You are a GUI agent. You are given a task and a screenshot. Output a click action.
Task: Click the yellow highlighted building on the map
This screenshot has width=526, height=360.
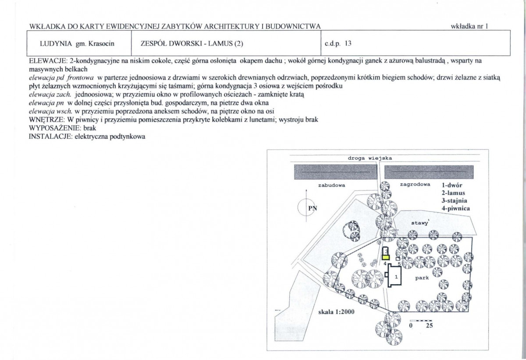point(386,257)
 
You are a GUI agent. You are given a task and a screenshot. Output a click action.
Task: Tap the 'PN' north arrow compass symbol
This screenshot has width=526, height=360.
point(306,207)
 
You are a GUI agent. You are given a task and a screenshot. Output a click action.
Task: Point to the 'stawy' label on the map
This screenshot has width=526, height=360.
point(419,223)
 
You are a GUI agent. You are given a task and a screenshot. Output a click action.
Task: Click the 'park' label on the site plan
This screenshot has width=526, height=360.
point(422,278)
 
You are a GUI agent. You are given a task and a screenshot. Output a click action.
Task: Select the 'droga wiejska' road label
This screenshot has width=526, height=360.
point(370,158)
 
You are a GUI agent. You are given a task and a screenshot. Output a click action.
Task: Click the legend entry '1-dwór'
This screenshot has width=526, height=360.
point(452,185)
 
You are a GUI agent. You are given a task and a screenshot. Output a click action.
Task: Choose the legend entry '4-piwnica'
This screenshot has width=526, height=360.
point(455,208)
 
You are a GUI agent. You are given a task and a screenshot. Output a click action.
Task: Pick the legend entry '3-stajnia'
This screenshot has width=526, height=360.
point(454,201)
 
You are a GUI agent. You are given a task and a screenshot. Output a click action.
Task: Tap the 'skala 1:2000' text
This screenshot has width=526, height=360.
point(336,312)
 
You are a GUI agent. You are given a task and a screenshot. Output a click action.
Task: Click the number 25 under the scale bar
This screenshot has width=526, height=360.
point(429,325)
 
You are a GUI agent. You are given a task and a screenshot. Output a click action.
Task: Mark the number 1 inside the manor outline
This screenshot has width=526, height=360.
point(396,277)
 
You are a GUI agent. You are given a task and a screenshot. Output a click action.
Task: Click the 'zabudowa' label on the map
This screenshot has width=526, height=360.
point(331,185)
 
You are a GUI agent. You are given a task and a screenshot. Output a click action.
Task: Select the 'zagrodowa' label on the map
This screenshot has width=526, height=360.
point(415,184)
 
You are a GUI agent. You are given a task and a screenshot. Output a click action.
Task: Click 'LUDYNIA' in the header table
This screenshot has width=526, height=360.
point(56,44)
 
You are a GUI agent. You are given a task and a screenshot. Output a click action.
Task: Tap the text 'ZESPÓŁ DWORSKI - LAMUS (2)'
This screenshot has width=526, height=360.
point(192,44)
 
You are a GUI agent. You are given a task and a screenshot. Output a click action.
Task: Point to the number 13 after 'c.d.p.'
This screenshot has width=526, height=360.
point(348,43)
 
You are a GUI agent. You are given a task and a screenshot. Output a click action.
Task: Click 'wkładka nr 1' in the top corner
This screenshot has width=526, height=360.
point(469,26)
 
